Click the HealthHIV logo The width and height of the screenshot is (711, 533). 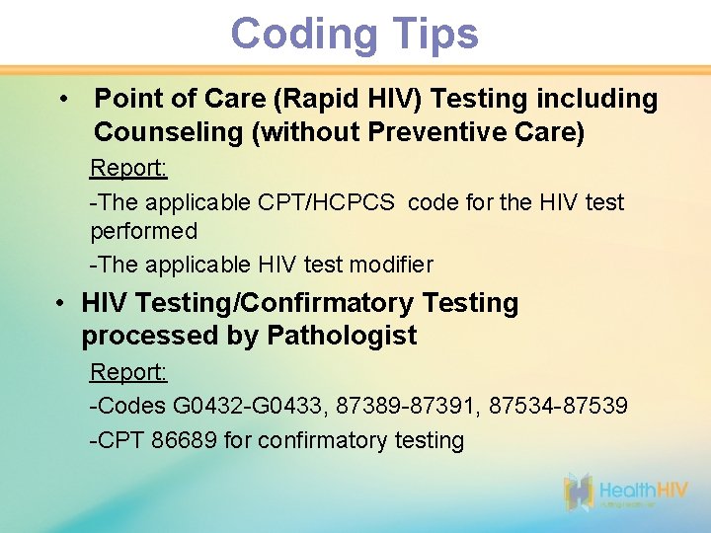tap(624, 492)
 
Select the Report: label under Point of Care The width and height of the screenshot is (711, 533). tap(128, 168)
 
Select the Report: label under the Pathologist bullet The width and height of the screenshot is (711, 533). tap(128, 372)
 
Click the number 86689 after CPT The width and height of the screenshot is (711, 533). tap(186, 440)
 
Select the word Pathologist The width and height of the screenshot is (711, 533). tap(342, 336)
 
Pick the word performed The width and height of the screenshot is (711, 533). tap(144, 232)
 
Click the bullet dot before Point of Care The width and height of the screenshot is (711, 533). tap(63, 99)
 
